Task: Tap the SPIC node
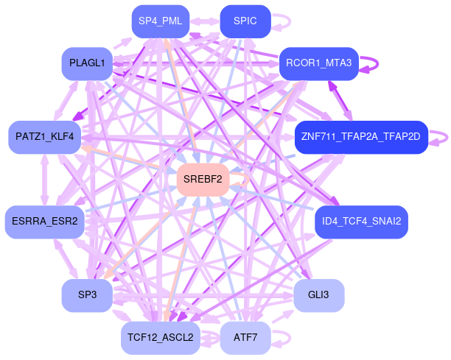[x=245, y=21]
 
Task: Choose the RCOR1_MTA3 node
[x=318, y=64]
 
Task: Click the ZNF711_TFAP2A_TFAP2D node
[x=360, y=137]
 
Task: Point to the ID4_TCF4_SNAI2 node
[x=361, y=222]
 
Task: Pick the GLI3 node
[x=318, y=295]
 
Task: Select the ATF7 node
[x=245, y=338]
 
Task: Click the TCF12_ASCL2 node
[x=160, y=338]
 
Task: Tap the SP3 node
[x=87, y=295]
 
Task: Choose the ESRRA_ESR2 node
[x=45, y=222]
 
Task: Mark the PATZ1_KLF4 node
[x=45, y=137]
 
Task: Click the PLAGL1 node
[x=87, y=64]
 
